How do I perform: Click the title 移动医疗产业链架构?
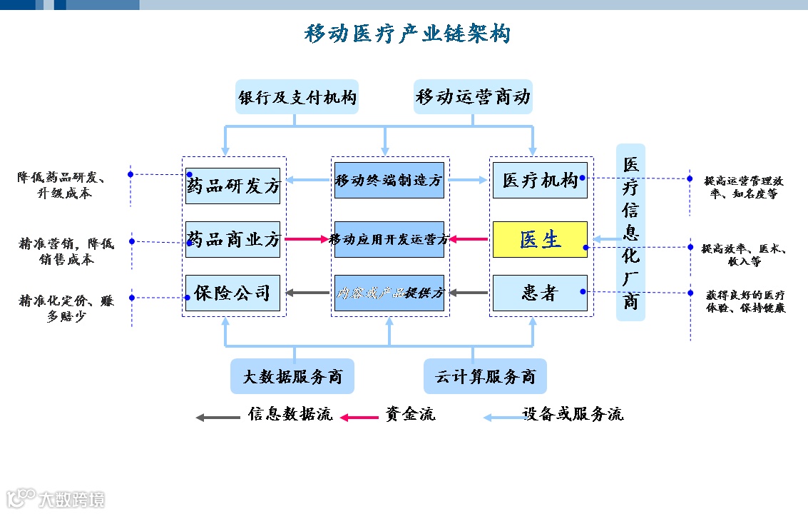[407, 34]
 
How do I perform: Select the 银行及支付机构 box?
[297, 97]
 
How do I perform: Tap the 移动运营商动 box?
[473, 97]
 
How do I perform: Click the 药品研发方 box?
[233, 186]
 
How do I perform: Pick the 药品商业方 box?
[233, 240]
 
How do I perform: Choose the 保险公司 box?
[233, 293]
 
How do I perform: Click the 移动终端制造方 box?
[389, 181]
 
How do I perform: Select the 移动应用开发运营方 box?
[389, 240]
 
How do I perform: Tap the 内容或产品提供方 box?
[389, 293]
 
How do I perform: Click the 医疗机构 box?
[540, 181]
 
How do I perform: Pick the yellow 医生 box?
[540, 240]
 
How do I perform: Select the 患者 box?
[540, 293]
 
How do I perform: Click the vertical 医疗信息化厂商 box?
[630, 232]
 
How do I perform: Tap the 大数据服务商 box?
[292, 376]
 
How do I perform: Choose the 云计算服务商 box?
[485, 376]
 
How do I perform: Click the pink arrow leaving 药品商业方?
[306, 239]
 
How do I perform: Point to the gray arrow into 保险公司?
[307, 293]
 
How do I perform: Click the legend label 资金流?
[410, 414]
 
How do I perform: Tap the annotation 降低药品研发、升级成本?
[63, 185]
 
